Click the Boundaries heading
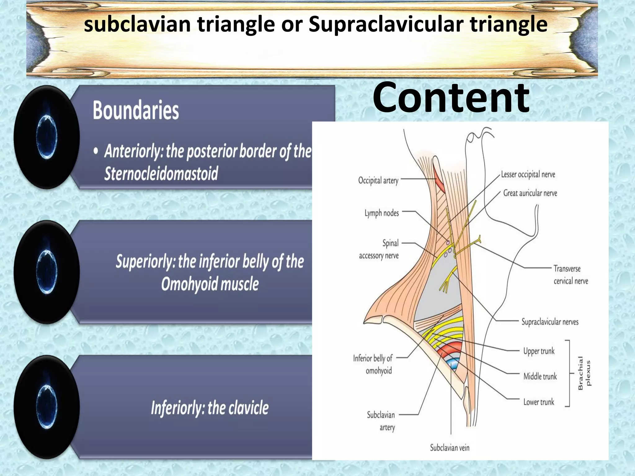pos(136,110)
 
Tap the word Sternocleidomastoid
pos(161,174)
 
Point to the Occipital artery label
pos(378,180)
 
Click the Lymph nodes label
pos(381,213)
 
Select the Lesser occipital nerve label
pos(528,174)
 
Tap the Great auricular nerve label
pos(530,193)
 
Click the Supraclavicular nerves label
pos(550,322)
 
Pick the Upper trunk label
pos(539,351)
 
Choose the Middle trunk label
pos(540,377)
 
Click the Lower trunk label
pos(539,402)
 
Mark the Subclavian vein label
pos(450,447)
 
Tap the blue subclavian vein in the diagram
pos(453,364)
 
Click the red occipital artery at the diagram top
pos(439,181)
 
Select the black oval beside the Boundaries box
pos(47,137)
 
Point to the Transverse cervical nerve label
pos(571,275)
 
